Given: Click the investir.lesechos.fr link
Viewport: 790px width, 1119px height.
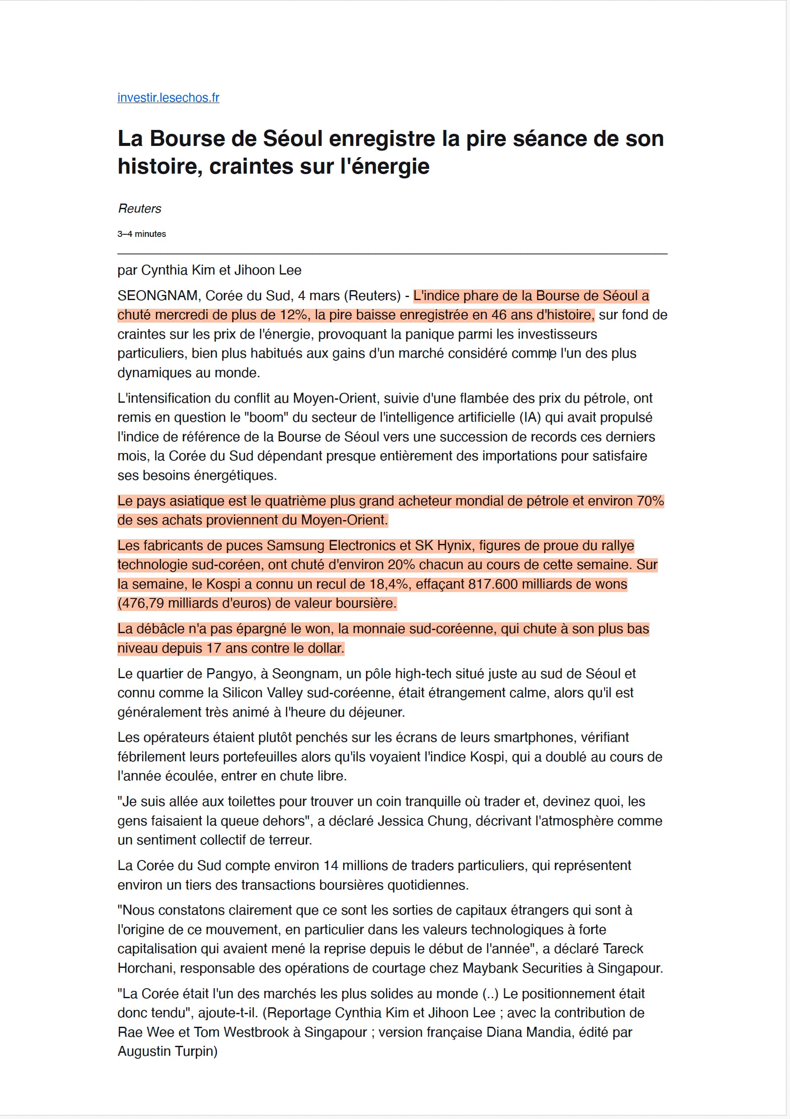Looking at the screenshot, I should (x=168, y=97).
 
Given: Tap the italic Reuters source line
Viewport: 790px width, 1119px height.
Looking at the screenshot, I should (x=139, y=209).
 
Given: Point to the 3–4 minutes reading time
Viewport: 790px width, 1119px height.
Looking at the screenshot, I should (x=141, y=234).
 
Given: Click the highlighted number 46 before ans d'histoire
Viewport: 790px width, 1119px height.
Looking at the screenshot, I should (x=499, y=315).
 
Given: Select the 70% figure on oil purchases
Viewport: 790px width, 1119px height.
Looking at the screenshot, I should (x=650, y=501).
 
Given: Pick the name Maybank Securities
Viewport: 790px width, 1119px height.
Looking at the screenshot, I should (x=522, y=968).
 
